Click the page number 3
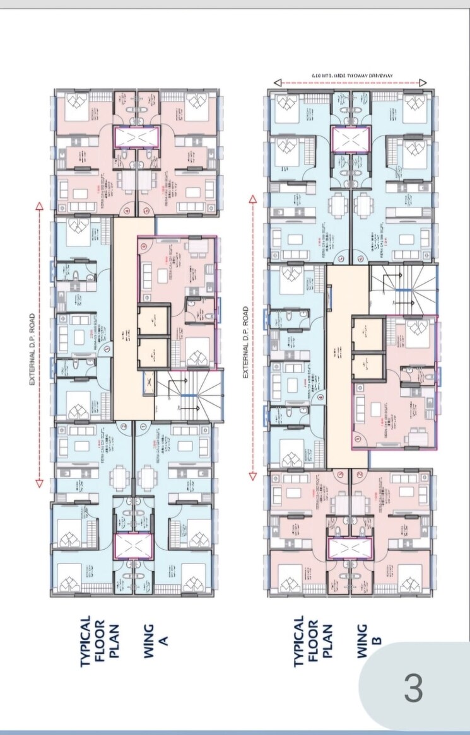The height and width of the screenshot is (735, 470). [414, 688]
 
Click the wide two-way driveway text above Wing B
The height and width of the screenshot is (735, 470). [352, 76]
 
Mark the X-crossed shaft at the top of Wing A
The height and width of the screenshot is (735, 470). [136, 138]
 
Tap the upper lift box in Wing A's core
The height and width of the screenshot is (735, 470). [154, 320]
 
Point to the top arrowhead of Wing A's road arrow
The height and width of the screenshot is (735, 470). [39, 206]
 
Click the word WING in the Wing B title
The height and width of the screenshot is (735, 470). [362, 641]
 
